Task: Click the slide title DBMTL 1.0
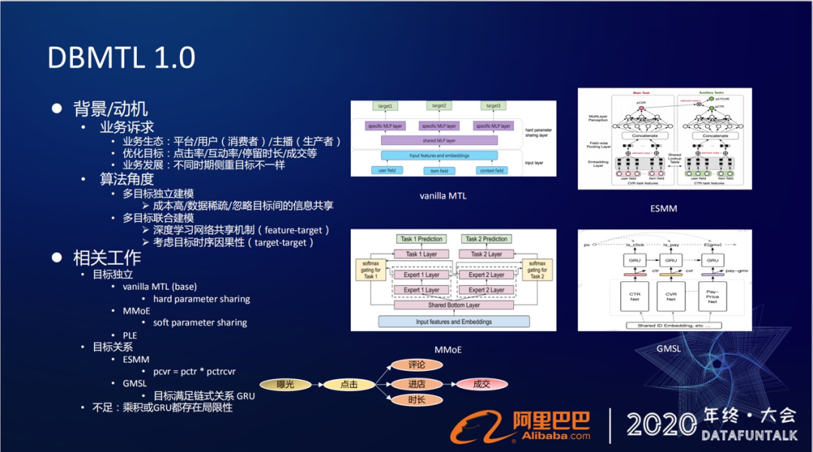tap(121, 58)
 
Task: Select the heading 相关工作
tap(107, 258)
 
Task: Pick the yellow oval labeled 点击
tap(349, 384)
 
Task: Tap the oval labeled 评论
tap(416, 366)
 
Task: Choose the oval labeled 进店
tap(416, 384)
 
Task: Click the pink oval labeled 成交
tap(481, 384)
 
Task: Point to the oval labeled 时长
tap(416, 400)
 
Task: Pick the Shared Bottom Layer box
tap(453, 305)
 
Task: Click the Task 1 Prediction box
tap(421, 239)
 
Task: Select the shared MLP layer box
tap(438, 141)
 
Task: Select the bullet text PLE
tap(129, 335)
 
